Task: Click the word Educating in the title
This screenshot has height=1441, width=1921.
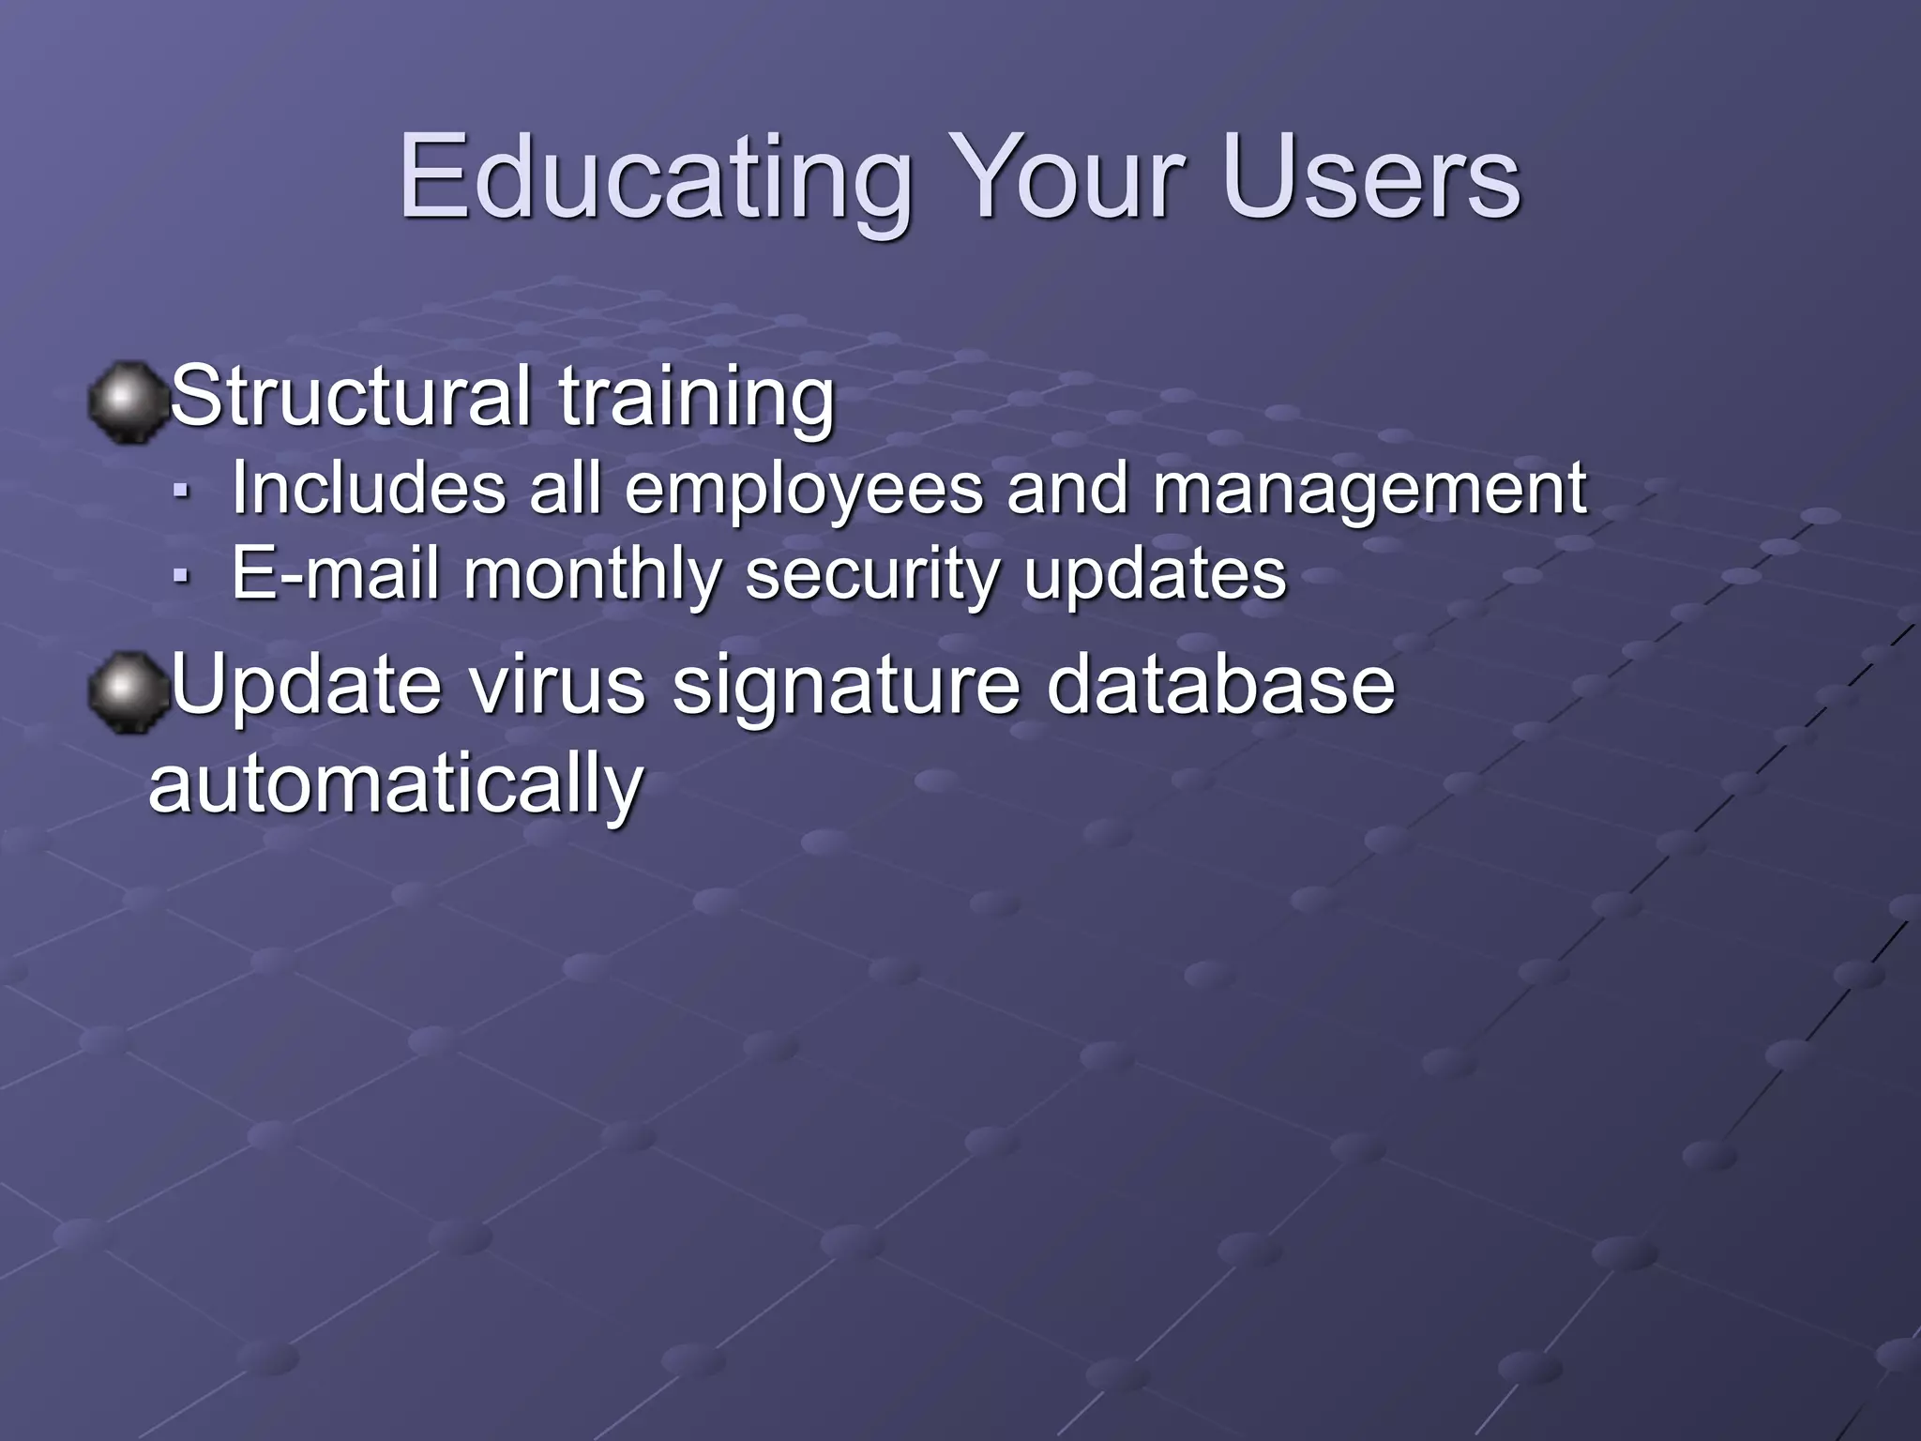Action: pyautogui.click(x=656, y=178)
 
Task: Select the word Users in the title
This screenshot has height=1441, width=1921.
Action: pyautogui.click(x=1370, y=178)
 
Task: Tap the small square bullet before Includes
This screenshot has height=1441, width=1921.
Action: pyautogui.click(x=182, y=490)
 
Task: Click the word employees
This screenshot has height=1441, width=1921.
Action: pyautogui.click(x=804, y=490)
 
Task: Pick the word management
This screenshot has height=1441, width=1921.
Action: pyautogui.click(x=1369, y=490)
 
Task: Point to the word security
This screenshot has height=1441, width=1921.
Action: pyautogui.click(x=872, y=575)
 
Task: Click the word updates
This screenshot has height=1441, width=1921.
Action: pyautogui.click(x=1155, y=575)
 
